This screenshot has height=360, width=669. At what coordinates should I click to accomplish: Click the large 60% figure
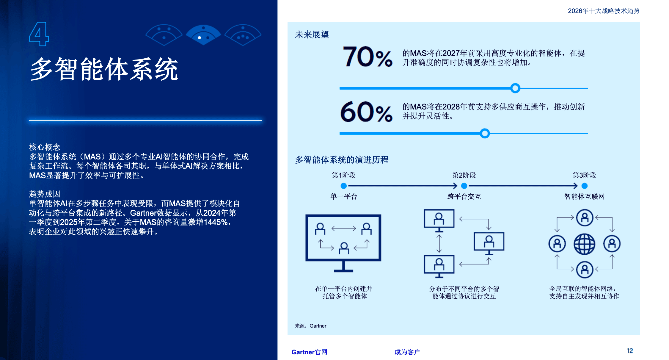coord(366,112)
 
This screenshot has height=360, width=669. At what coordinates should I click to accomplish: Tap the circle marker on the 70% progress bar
coord(515,88)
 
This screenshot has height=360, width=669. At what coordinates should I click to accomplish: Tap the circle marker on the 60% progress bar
coord(485,133)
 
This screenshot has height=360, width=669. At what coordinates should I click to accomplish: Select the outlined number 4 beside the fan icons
coord(39,34)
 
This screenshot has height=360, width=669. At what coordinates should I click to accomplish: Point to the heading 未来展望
coord(312,35)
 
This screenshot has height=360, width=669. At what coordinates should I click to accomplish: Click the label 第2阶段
coord(464,175)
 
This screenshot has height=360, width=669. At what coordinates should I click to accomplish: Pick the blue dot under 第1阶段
coord(343,186)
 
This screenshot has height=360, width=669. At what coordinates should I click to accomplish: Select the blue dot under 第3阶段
coord(584,186)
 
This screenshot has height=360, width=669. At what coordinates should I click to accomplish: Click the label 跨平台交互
coord(464,196)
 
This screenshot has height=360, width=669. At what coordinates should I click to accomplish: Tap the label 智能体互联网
coord(584,196)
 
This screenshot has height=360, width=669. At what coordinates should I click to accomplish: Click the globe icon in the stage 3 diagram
coord(584,244)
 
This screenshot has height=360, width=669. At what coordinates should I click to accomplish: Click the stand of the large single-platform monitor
coord(343,267)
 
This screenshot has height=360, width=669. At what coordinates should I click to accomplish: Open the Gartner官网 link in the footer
coord(309,352)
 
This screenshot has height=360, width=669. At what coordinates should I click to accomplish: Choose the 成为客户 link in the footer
coord(407,352)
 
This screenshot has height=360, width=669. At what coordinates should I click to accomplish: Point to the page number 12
coord(630,351)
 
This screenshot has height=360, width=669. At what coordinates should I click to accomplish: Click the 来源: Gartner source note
coord(310,326)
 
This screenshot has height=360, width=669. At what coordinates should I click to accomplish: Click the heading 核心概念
coord(45,147)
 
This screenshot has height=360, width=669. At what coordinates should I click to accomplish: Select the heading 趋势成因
coord(45,194)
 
